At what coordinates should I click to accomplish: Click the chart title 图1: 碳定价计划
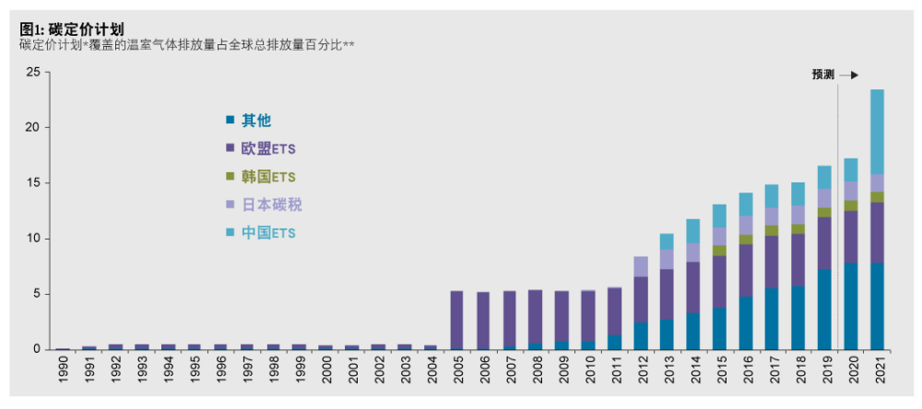coord(71,29)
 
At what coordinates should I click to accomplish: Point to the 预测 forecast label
coord(822,76)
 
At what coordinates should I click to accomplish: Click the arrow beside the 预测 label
coord(849,76)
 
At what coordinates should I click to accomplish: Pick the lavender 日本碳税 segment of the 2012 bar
coord(641,266)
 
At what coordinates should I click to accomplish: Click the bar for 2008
coord(536,319)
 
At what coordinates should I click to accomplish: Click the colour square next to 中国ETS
coord(230,233)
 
